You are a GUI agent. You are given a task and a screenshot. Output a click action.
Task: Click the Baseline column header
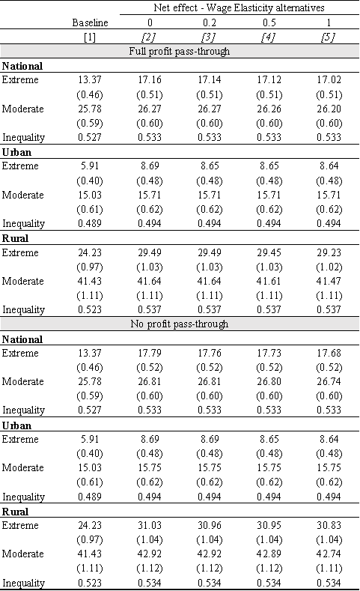(90, 22)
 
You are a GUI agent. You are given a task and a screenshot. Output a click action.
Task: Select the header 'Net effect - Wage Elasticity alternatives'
(239, 7)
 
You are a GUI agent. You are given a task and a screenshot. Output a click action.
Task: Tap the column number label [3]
(210, 37)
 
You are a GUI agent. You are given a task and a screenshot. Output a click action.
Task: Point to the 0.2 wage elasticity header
(210, 22)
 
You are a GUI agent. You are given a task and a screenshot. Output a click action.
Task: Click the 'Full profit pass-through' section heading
(179, 51)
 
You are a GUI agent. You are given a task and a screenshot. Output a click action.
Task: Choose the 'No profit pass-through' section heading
(179, 324)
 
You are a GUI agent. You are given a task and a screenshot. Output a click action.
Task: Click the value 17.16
(150, 80)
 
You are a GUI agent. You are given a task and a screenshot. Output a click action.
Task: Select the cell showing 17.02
(329, 80)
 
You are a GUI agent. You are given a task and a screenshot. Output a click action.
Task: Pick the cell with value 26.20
(329, 109)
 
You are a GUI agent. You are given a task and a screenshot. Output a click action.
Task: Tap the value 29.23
(329, 252)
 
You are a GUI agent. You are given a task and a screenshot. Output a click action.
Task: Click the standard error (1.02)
(329, 267)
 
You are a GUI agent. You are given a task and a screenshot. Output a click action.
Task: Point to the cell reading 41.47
(329, 281)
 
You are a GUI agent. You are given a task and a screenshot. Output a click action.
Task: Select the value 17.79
(150, 353)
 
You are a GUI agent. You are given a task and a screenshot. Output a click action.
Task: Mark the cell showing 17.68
(329, 353)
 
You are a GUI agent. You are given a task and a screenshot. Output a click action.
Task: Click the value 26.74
(329, 381)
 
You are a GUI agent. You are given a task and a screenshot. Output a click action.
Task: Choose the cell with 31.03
(150, 525)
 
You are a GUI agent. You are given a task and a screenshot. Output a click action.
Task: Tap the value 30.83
(329, 525)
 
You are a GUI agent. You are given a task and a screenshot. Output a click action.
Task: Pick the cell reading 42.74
(329, 554)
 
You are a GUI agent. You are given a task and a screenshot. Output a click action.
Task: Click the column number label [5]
(329, 37)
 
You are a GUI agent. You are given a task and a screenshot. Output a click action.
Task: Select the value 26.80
(269, 381)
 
